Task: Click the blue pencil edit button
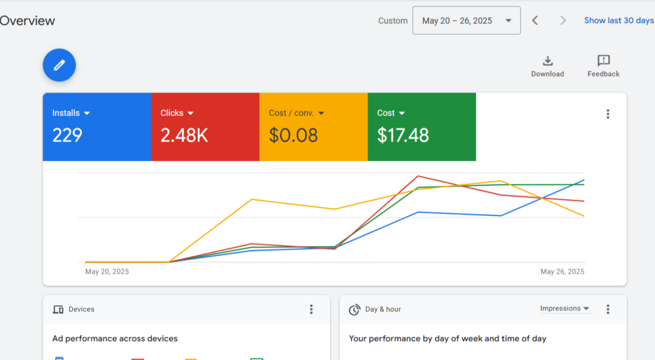point(60,65)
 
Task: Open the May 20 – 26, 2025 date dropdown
point(466,21)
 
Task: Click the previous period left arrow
point(535,21)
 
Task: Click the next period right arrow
point(563,21)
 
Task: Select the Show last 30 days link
point(618,21)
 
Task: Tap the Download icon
point(548,61)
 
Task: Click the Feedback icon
point(603,61)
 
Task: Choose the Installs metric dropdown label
point(71,113)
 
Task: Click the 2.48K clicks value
point(184,135)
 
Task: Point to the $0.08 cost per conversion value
point(293,135)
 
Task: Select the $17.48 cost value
point(403,135)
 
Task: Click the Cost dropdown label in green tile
point(391,113)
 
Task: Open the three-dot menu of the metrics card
point(608,114)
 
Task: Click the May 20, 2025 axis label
point(107,272)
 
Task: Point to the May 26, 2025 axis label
point(562,272)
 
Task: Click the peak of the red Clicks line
point(418,176)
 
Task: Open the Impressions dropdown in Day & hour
point(564,308)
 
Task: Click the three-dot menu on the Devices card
point(311,310)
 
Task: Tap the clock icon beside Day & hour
point(354,310)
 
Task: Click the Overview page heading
point(28,21)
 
